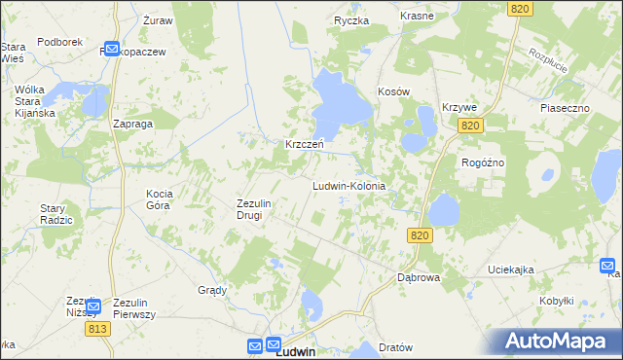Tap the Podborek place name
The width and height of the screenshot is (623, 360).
[59, 43]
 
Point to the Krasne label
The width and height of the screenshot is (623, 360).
[417, 17]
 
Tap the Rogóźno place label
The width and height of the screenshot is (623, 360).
[483, 162]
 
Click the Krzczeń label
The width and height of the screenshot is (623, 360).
[304, 144]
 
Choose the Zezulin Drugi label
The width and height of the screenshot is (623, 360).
[259, 208]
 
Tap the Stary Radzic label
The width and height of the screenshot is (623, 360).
[56, 214]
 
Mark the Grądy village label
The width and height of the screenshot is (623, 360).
[212, 290]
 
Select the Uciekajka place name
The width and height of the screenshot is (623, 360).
[511, 270]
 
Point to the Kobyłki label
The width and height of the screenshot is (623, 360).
[557, 301]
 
